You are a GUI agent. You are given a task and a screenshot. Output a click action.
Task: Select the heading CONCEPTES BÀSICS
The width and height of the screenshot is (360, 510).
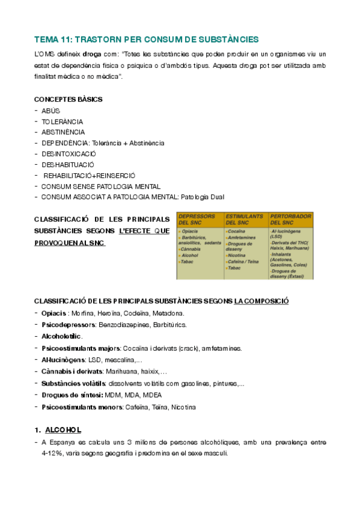point(68,99)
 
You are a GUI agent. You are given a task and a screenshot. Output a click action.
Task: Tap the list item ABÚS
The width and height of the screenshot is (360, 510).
point(51,111)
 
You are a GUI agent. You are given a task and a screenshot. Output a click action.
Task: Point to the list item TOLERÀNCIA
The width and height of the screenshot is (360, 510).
point(63,121)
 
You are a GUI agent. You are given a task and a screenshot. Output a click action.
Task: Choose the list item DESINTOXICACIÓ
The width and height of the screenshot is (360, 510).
point(69,153)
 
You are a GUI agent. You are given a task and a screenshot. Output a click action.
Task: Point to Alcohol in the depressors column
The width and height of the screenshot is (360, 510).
point(190,255)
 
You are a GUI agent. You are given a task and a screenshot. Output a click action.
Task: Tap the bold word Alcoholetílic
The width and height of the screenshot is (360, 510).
point(61,336)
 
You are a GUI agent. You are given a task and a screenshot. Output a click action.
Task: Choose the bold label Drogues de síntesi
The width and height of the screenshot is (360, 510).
point(71,395)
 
